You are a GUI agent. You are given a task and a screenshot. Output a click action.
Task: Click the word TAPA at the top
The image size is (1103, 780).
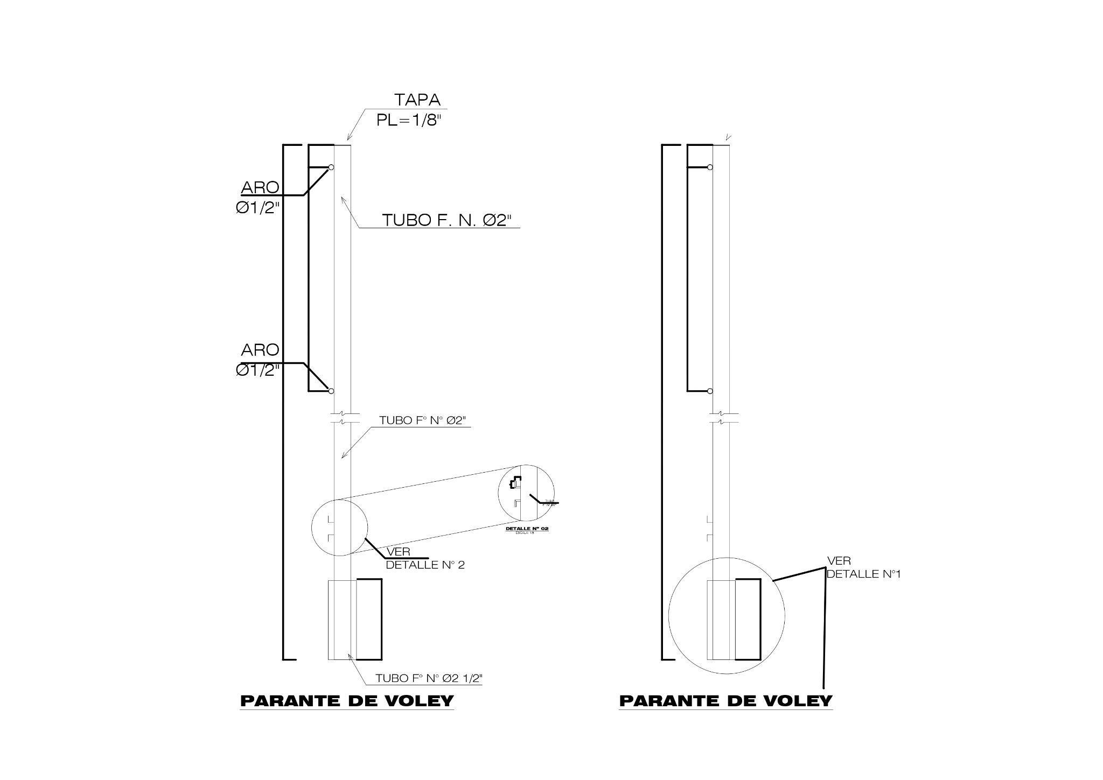pyautogui.click(x=417, y=100)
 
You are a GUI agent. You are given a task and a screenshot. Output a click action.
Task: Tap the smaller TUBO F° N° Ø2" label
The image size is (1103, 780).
pyautogui.click(x=422, y=420)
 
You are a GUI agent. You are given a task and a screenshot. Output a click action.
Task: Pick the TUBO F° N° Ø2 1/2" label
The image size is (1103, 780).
pyautogui.click(x=429, y=678)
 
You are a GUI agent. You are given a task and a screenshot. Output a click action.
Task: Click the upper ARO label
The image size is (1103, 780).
pyautogui.click(x=260, y=188)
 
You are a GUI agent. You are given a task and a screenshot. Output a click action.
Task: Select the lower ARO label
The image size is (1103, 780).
pyautogui.click(x=260, y=350)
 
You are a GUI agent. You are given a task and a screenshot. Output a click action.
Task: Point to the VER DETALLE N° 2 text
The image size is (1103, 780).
pyautogui.click(x=424, y=559)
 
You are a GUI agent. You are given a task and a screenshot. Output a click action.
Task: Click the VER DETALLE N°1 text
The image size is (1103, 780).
pyautogui.click(x=863, y=568)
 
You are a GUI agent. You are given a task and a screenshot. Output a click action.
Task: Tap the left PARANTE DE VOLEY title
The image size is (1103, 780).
pyautogui.click(x=347, y=701)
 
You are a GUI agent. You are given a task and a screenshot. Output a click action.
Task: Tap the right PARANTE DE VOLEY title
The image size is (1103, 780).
pyautogui.click(x=725, y=701)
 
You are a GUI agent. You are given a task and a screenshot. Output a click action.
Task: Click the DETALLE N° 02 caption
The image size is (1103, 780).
pyautogui.click(x=527, y=529)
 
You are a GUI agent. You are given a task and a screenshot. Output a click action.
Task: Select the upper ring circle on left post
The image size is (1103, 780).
pyautogui.click(x=331, y=167)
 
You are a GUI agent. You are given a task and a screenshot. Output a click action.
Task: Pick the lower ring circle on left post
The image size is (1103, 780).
pyautogui.click(x=331, y=391)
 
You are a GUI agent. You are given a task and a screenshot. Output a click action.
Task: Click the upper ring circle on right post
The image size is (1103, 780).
pyautogui.click(x=710, y=167)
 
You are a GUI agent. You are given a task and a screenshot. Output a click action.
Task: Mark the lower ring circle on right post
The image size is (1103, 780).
pyautogui.click(x=710, y=391)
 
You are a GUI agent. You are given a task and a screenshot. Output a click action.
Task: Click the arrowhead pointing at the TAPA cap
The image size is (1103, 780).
pyautogui.click(x=349, y=138)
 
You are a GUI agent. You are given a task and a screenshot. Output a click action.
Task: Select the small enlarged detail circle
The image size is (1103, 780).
pyautogui.click(x=526, y=493)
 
